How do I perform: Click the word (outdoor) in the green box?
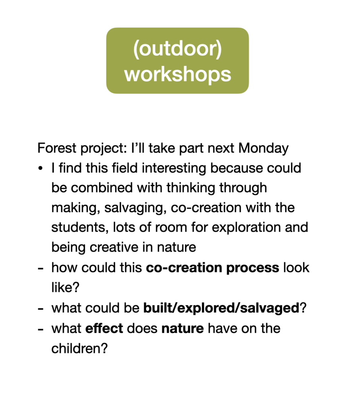[178, 48]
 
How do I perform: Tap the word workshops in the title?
[178, 74]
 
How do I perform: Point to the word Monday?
[263, 148]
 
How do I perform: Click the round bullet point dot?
[40, 168]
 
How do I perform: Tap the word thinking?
[191, 188]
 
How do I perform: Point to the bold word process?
[253, 267]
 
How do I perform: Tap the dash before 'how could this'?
[40, 268]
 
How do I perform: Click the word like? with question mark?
[65, 287]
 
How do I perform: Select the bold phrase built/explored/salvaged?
[221, 308]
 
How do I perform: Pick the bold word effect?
[104, 328]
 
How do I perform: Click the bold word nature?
[182, 328]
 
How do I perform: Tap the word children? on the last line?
[79, 348]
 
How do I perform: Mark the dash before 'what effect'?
[40, 329]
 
